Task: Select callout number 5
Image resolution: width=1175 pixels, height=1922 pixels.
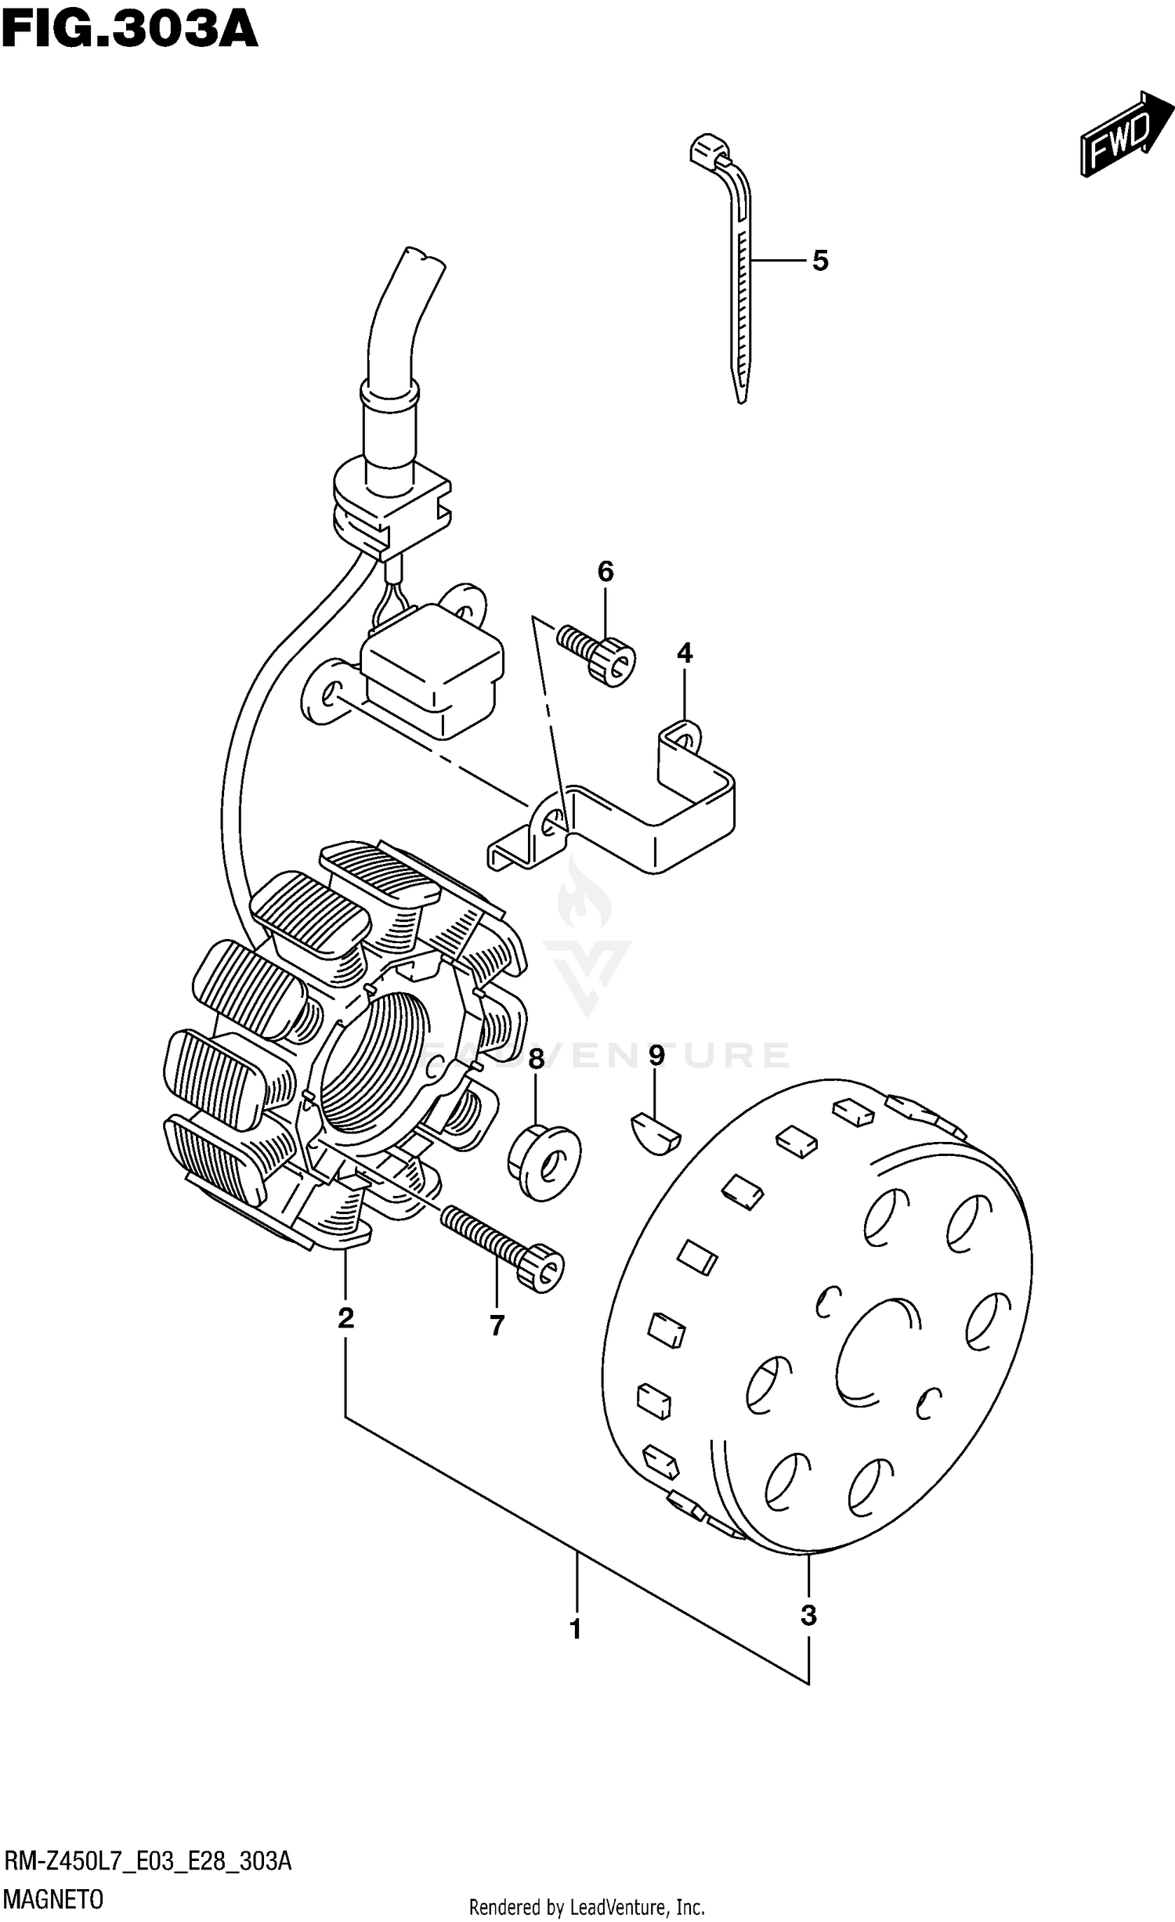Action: click(x=819, y=261)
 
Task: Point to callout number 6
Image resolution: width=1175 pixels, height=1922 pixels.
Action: click(x=606, y=572)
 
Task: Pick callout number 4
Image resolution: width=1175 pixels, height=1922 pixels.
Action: click(x=685, y=652)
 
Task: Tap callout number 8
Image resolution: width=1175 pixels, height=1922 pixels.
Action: click(x=536, y=1060)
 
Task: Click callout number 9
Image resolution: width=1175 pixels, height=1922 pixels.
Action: click(x=656, y=1056)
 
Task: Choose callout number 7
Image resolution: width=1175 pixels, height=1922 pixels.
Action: click(x=497, y=1325)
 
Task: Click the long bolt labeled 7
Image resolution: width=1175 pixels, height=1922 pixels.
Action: click(x=501, y=1245)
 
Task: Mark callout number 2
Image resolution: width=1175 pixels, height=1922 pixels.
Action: click(x=345, y=1318)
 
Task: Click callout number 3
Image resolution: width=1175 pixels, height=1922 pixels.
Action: click(x=808, y=1615)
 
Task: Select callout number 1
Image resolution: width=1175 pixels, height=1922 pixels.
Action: click(x=576, y=1630)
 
